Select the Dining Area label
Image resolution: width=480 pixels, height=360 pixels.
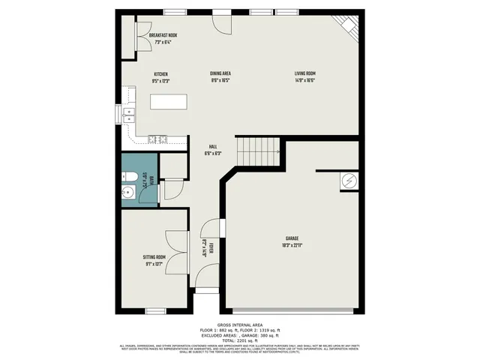[x=219, y=73]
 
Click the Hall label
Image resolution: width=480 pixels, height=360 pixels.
[x=213, y=148]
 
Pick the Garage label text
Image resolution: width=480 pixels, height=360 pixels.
[x=292, y=238]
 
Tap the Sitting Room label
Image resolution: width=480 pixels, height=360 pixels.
[x=154, y=257]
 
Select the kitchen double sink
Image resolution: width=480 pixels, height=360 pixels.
[x=128, y=115]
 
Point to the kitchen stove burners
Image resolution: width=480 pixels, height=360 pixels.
[x=157, y=138]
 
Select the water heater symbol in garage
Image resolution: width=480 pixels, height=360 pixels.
[x=349, y=181]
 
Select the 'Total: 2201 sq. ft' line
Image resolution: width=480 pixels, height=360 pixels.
[x=239, y=340]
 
